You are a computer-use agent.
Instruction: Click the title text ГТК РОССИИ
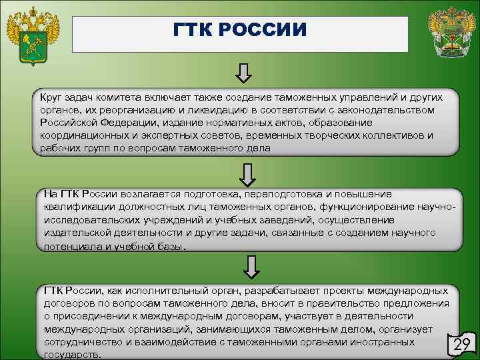[239, 31]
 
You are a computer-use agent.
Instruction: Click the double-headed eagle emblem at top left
[32, 35]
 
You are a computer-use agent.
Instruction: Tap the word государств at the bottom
[73, 355]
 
